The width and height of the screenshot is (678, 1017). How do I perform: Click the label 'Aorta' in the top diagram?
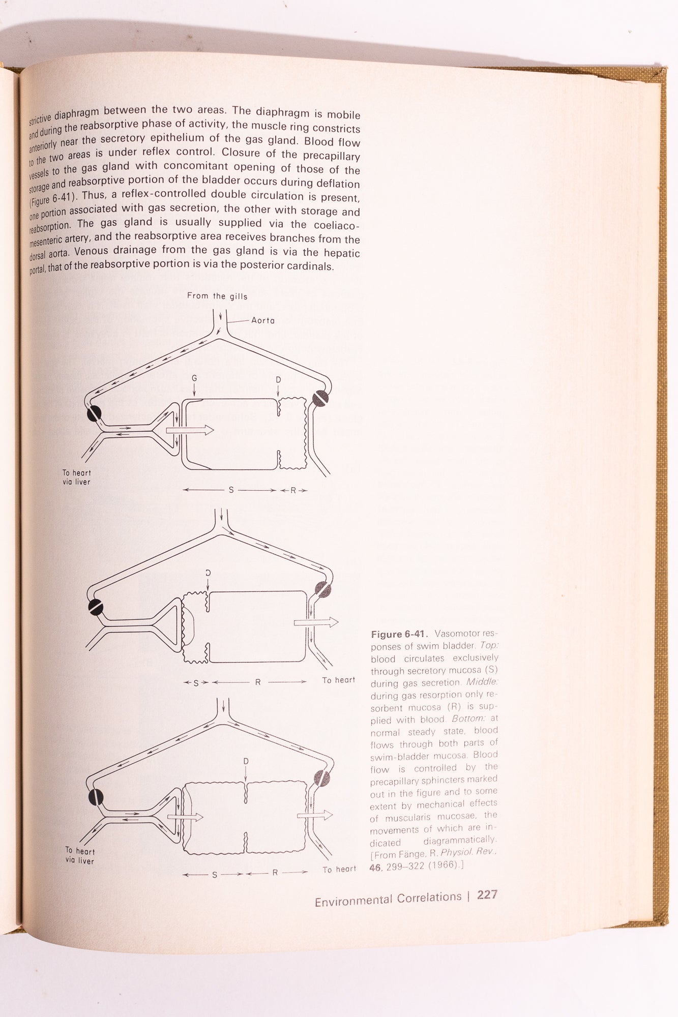tap(263, 320)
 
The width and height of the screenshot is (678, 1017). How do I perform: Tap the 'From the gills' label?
tap(217, 296)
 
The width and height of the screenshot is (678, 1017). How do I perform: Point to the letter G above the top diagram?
tap(194, 379)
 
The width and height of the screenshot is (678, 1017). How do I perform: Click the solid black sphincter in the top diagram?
tap(94, 414)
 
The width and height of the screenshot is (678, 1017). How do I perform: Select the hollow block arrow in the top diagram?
tap(190, 430)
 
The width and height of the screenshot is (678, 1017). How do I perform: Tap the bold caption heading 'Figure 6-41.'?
tap(400, 634)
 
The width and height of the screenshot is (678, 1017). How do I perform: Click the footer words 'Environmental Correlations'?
tap(388, 912)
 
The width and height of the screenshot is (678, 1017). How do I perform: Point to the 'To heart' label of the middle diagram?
tap(339, 680)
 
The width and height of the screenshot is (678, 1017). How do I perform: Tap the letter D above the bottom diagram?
tap(246, 761)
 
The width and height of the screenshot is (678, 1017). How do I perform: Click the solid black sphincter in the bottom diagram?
tap(94, 797)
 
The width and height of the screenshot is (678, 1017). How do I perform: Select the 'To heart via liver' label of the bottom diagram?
tap(80, 856)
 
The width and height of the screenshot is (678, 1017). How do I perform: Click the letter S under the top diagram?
tap(231, 491)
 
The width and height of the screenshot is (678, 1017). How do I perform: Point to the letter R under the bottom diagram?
tap(275, 873)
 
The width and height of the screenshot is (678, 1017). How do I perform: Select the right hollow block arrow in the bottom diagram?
tap(314, 815)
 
